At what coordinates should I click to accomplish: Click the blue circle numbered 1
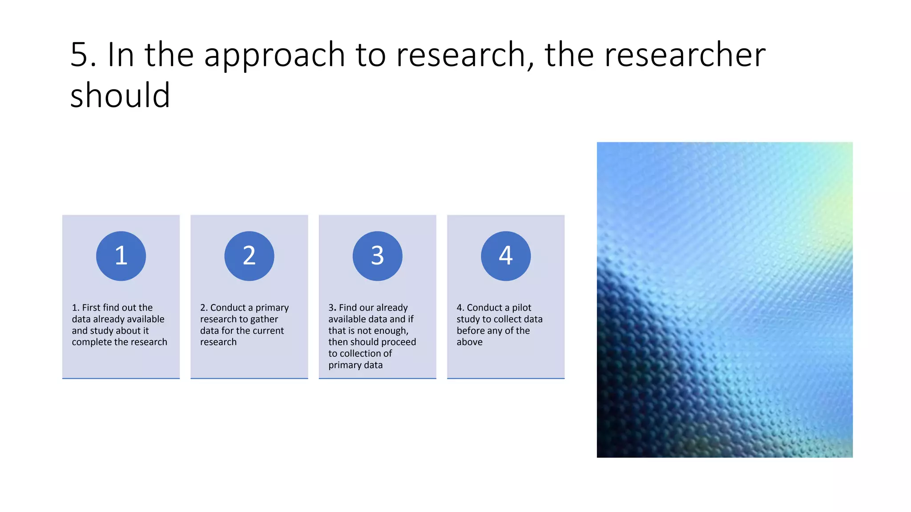(x=121, y=256)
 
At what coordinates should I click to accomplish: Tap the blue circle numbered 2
(x=249, y=256)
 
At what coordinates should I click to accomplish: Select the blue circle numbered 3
(x=377, y=256)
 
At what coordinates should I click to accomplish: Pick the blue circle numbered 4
(x=506, y=256)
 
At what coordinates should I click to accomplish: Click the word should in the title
(x=120, y=96)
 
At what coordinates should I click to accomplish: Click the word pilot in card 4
(x=521, y=308)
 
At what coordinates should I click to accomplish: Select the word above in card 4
(x=469, y=342)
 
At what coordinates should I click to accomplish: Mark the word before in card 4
(x=471, y=331)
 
